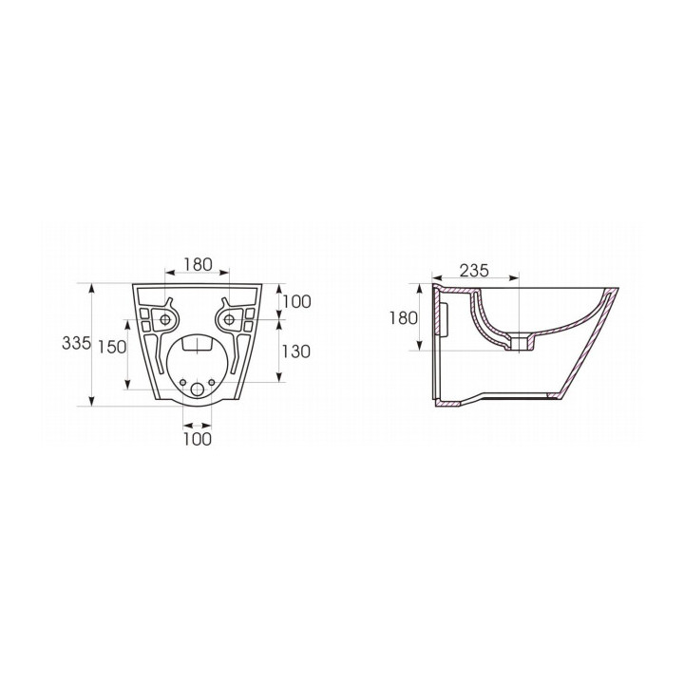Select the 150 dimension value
pyautogui.click(x=112, y=347)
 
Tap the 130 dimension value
pyautogui.click(x=296, y=351)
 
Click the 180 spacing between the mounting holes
pyautogui.click(x=197, y=266)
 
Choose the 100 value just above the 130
pyautogui.click(x=296, y=302)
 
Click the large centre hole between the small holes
pyautogui.click(x=197, y=389)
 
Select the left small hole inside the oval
pyautogui.click(x=180, y=384)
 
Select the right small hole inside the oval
pyautogui.click(x=215, y=384)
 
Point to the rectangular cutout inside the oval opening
pyautogui.click(x=197, y=345)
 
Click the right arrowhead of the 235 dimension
pyautogui.click(x=518, y=279)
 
